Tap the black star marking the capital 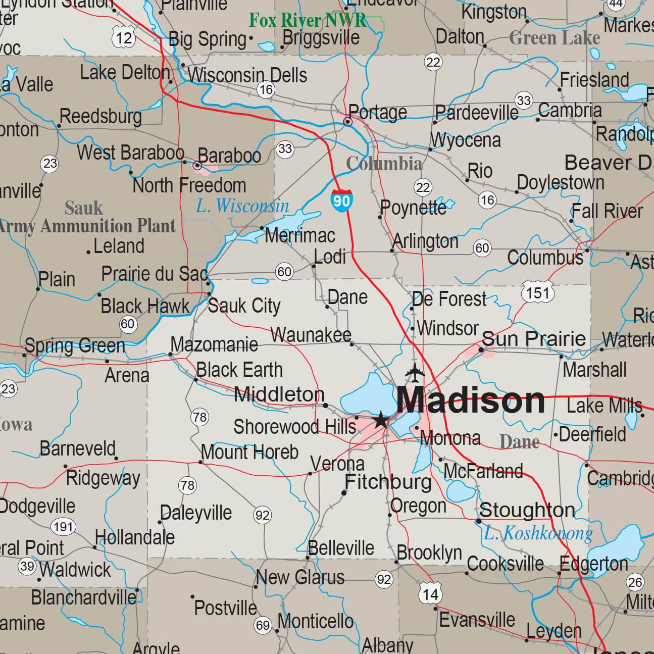pyautogui.click(x=381, y=419)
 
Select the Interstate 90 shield pyautogui.click(x=341, y=200)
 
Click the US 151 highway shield pyautogui.click(x=538, y=292)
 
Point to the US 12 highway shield pyautogui.click(x=124, y=36)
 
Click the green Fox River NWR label pyautogui.click(x=308, y=20)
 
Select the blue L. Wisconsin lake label pyautogui.click(x=242, y=206)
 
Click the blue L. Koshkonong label pyautogui.click(x=538, y=533)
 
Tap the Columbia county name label pyautogui.click(x=384, y=164)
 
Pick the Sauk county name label pyautogui.click(x=83, y=208)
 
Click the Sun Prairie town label pyautogui.click(x=534, y=338)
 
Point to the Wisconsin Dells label pyautogui.click(x=247, y=75)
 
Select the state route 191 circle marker pyautogui.click(x=63, y=527)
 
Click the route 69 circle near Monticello pyautogui.click(x=263, y=625)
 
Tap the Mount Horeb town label pyautogui.click(x=249, y=452)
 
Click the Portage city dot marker pyautogui.click(x=347, y=122)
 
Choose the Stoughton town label pyautogui.click(x=527, y=510)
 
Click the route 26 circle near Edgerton pyautogui.click(x=635, y=582)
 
